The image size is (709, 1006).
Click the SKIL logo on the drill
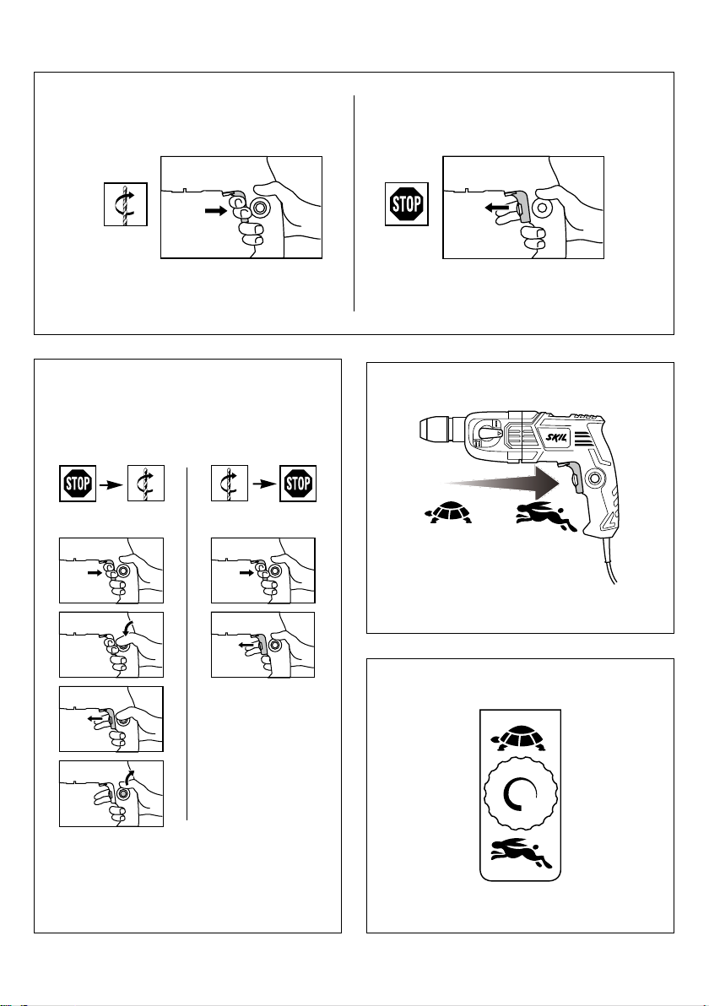tap(553, 435)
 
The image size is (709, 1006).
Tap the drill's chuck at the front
tap(434, 431)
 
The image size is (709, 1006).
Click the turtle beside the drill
tap(448, 511)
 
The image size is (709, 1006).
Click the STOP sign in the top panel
tap(406, 204)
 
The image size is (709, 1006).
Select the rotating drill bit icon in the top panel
tap(126, 204)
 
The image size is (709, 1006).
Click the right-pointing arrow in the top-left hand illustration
tap(215, 210)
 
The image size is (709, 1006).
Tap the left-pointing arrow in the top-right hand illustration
tap(497, 208)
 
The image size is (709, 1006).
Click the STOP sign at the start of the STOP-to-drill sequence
tap(78, 483)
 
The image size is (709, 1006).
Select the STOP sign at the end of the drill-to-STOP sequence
tap(298, 483)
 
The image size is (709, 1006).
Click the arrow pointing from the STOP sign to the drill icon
tap(112, 484)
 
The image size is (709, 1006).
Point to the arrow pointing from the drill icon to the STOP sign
tap(263, 484)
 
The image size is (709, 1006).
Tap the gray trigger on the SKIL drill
tap(576, 479)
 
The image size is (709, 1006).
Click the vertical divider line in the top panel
tap(354, 203)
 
